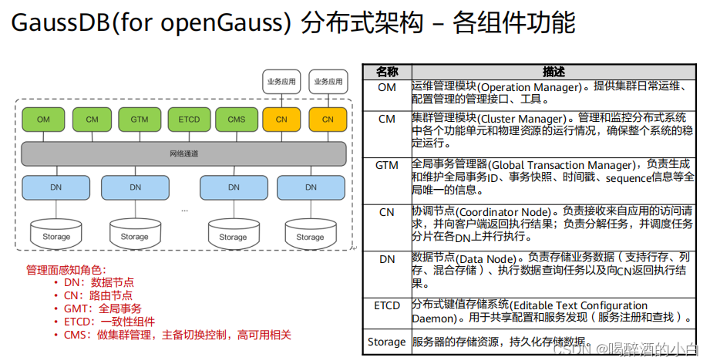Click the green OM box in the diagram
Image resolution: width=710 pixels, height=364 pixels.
click(x=43, y=120)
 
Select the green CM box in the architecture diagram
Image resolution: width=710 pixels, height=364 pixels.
click(x=93, y=120)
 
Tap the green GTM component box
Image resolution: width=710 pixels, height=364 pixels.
click(x=139, y=120)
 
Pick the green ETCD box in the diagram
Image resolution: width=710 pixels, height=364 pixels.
click(x=189, y=120)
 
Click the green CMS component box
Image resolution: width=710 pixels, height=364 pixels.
click(x=236, y=120)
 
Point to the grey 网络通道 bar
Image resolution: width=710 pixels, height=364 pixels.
click(x=183, y=153)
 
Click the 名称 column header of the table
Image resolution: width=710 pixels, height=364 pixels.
click(x=387, y=72)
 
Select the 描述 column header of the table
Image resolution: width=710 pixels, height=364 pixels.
click(x=554, y=72)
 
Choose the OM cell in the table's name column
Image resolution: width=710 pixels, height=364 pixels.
click(x=387, y=88)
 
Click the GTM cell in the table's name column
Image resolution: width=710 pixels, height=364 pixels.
click(x=387, y=165)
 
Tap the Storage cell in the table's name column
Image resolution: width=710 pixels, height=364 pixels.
click(x=387, y=342)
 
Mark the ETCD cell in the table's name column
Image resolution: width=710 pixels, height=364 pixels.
click(x=387, y=305)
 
